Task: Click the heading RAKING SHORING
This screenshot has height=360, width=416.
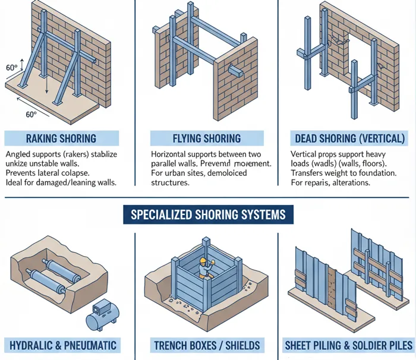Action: [61, 138]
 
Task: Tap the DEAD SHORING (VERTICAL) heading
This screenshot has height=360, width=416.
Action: [350, 138]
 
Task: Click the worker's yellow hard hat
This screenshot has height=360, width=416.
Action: [203, 261]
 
